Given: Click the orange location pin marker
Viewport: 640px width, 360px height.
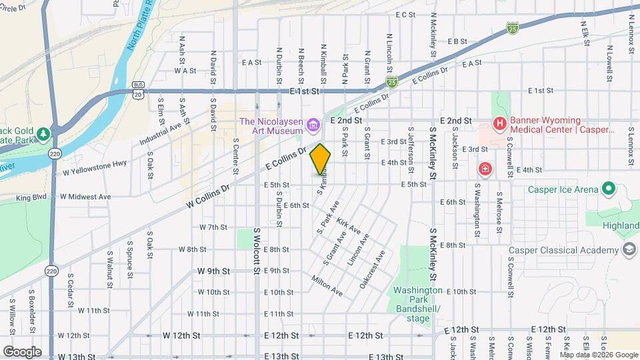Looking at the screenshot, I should point(320,159).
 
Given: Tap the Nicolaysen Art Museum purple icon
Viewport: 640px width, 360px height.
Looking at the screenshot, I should point(311,125).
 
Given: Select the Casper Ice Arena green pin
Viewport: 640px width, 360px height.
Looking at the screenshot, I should point(608,189).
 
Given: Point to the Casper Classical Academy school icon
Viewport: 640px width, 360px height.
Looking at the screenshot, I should point(628,250).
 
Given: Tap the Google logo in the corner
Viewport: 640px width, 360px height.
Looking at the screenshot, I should point(22,351).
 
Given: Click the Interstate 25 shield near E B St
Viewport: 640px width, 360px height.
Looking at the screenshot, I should point(512,28).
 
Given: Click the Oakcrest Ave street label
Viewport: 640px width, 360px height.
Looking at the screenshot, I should point(373,269).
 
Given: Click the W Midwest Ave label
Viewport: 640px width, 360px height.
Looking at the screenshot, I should point(85,197).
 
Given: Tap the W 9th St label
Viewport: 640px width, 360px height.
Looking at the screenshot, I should point(213,271).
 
